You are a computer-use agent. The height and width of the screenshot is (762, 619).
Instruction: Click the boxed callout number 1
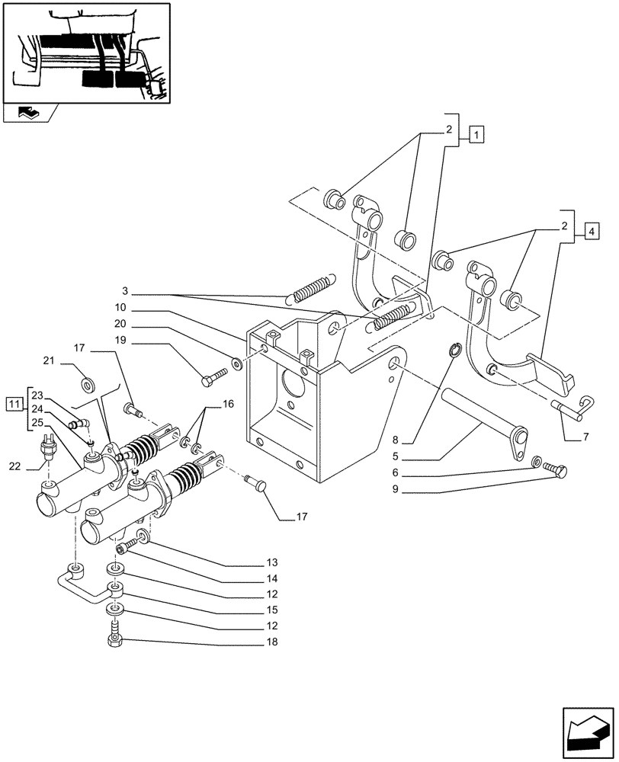pos(476,136)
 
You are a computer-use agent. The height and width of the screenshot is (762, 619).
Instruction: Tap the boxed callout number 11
pos(14,402)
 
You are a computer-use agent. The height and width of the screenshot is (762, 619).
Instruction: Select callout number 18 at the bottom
pos(273,642)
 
